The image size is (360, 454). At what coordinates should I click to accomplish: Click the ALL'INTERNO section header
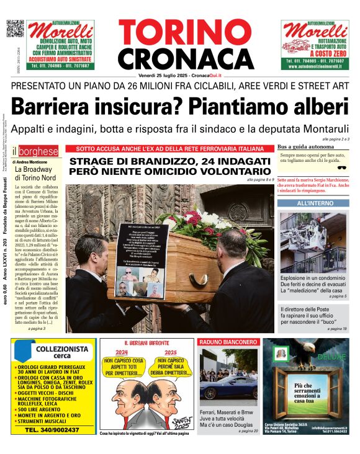(x=314, y=203)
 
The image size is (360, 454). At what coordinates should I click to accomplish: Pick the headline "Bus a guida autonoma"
(x=302, y=148)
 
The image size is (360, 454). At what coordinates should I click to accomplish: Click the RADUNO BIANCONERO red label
(x=220, y=342)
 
